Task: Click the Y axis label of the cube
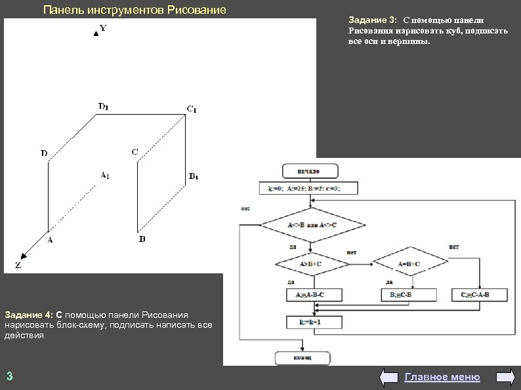pos(104,29)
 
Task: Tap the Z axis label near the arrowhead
pos(18,267)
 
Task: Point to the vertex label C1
pos(191,108)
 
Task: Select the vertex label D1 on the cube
pos(104,106)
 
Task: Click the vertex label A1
pos(104,175)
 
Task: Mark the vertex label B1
pos(194,176)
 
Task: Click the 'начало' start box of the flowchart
pos(310,171)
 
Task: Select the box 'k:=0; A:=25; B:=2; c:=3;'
pos(308,189)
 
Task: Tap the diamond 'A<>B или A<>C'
pos(313,225)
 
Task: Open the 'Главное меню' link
pos(442,377)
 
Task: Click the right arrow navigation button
pos(505,377)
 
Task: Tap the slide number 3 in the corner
pos(9,376)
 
